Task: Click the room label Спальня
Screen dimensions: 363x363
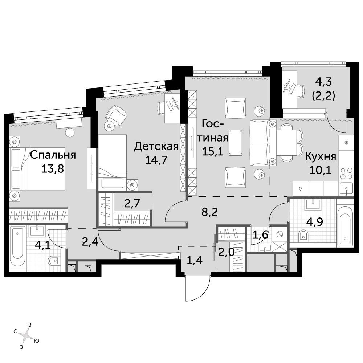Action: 53,155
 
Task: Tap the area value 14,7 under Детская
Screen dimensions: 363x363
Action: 156,160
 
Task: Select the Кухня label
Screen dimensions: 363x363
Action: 321,156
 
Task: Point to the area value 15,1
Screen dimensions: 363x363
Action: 213,152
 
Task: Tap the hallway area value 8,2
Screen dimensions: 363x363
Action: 210,212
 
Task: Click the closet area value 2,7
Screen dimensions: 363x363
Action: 132,204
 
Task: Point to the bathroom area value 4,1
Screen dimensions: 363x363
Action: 42,245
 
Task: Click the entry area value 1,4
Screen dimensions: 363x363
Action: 195,260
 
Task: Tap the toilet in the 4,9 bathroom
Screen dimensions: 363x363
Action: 303,236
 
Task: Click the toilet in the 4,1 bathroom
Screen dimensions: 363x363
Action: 53,261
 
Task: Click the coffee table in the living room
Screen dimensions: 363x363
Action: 236,142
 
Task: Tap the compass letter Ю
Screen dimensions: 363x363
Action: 36,341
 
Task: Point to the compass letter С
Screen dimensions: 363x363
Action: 15,331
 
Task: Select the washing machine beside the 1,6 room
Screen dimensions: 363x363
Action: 280,234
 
